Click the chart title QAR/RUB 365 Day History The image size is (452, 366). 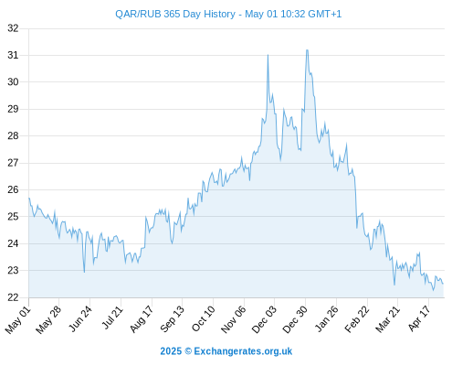pyautogui.click(x=175, y=14)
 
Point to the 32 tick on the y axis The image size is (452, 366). pyautogui.click(x=13, y=28)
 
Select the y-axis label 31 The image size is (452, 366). pyautogui.click(x=13, y=55)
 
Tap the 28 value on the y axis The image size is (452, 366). pyautogui.click(x=13, y=135)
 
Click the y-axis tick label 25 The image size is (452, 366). pyautogui.click(x=13, y=217)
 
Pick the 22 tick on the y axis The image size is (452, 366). pyautogui.click(x=13, y=297)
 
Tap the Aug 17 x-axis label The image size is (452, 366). pyautogui.click(x=142, y=319)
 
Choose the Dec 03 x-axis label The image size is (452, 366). pyautogui.click(x=265, y=319)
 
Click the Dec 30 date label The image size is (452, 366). pyautogui.click(x=295, y=319)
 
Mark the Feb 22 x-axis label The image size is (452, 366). pyautogui.click(x=357, y=319)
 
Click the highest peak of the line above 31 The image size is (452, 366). pyautogui.click(x=307, y=50)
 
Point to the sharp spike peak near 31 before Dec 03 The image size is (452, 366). pyautogui.click(x=268, y=55)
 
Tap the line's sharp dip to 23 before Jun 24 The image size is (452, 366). pyautogui.click(x=84, y=272)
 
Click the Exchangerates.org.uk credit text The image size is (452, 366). pyautogui.click(x=243, y=351)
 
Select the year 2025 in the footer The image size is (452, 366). pyautogui.click(x=171, y=351)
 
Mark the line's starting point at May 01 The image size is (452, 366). pyautogui.click(x=29, y=199)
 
